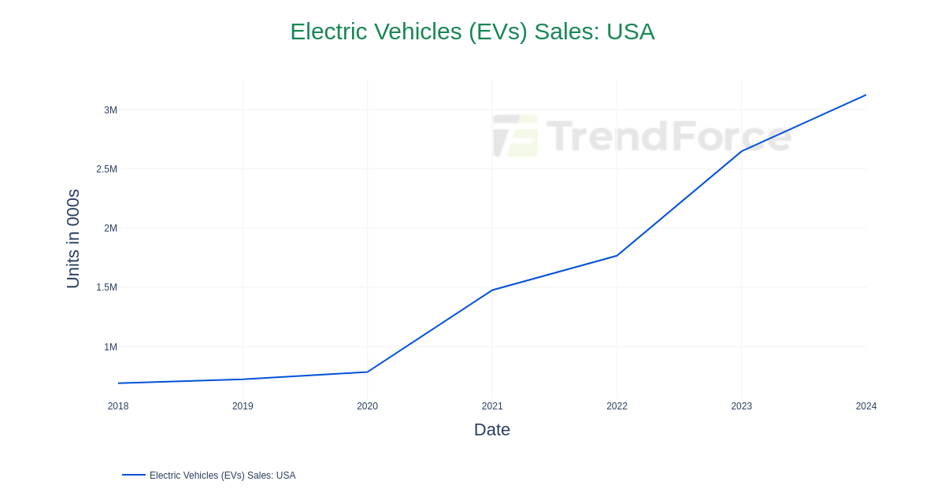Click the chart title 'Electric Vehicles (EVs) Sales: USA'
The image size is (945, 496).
[472, 31]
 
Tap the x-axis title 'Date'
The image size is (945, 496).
[491, 430]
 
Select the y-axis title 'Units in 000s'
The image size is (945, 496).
[73, 239]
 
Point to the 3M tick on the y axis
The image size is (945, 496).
[110, 110]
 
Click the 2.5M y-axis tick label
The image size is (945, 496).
[106, 169]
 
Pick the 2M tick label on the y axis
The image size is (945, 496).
[110, 228]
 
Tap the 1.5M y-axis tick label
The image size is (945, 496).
[106, 287]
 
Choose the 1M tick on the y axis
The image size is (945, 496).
[110, 347]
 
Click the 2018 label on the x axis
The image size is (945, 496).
[118, 406]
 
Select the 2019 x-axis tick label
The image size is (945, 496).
[243, 406]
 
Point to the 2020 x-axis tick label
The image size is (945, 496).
[367, 406]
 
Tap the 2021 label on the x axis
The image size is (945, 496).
[492, 406]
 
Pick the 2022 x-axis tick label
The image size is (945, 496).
[617, 406]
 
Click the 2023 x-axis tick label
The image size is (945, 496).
[741, 406]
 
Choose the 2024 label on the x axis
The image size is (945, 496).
[865, 406]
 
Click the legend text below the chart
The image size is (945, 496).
[222, 476]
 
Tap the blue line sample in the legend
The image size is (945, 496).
[134, 475]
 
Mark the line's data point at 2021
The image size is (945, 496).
[492, 291]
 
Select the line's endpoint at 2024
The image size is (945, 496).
[865, 95]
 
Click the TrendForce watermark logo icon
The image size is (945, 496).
[516, 135]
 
